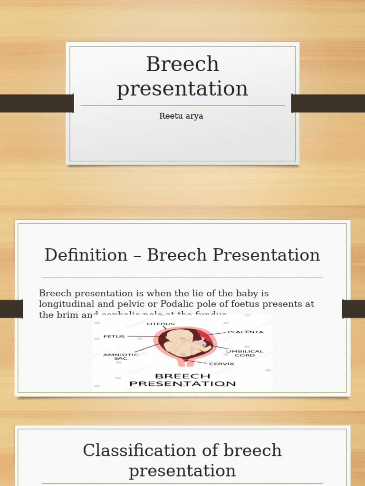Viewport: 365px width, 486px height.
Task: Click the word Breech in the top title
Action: tap(182, 65)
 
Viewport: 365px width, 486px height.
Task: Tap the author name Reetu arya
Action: tap(181, 116)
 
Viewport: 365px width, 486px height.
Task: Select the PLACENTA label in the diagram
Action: tap(245, 332)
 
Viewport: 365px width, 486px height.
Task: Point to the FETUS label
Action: tap(114, 336)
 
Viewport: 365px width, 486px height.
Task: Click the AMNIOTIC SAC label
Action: tap(121, 356)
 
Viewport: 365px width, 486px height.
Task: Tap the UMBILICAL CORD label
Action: tap(245, 353)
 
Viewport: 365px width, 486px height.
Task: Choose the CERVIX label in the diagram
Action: tap(221, 364)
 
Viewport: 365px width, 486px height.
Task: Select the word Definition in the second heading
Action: tap(86, 255)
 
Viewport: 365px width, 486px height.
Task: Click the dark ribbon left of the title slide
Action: tap(36, 103)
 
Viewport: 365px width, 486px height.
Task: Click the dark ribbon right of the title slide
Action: tap(328, 103)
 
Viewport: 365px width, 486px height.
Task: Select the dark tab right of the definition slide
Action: tap(353, 309)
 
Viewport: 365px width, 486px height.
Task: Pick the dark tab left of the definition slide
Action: tap(11, 309)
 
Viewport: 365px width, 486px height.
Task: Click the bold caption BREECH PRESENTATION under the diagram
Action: tap(182, 380)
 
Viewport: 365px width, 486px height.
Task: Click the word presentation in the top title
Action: tap(182, 89)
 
